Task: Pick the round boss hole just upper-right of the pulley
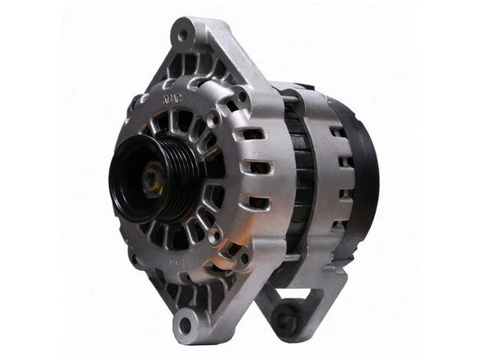199,132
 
